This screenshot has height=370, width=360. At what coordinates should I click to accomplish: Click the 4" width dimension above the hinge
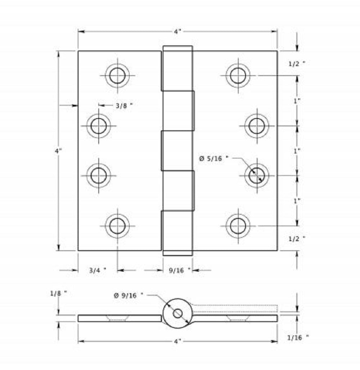(177, 32)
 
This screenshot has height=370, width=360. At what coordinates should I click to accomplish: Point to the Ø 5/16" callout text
(213, 158)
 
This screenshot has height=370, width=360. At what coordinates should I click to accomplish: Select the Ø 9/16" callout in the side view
(128, 295)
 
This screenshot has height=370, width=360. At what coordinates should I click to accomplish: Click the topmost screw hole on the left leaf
(117, 76)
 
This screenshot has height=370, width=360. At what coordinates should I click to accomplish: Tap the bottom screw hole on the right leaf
(238, 226)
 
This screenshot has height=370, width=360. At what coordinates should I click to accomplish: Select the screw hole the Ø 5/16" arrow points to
(257, 175)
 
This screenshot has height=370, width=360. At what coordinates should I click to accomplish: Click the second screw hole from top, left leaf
(99, 126)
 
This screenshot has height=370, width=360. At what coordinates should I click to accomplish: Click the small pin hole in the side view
(177, 313)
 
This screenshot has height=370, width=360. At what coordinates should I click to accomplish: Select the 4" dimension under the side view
(177, 341)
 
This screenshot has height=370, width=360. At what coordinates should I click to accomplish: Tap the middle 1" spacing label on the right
(297, 151)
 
